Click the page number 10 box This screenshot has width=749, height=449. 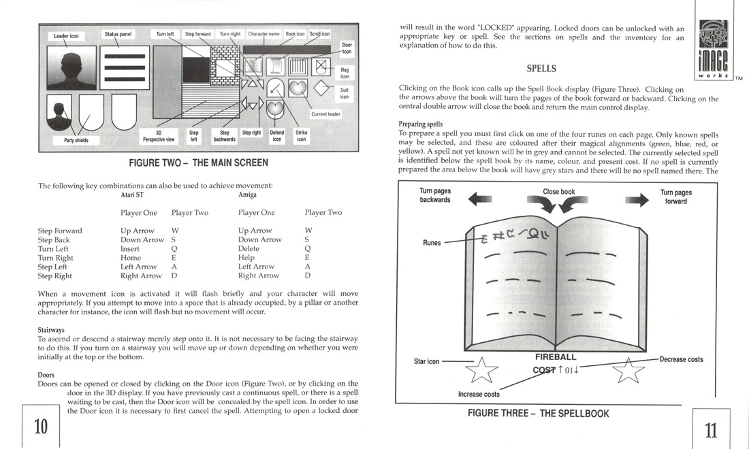41,426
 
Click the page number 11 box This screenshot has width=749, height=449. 712,429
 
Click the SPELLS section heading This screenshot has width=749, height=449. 541,69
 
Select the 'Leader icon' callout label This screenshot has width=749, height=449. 66,36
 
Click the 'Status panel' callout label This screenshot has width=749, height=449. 118,34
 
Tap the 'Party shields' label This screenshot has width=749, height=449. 76,140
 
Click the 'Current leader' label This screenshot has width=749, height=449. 325,114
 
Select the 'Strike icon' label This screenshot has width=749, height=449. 302,136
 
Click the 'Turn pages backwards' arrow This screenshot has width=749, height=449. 480,199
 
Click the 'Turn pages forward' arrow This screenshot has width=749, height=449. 637,200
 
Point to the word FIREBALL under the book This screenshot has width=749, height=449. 556,357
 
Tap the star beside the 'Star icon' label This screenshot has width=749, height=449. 481,371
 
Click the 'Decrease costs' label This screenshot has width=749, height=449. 681,359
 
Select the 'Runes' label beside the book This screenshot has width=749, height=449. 432,242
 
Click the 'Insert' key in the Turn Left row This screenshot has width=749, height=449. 130,248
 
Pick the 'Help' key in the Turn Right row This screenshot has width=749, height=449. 246,258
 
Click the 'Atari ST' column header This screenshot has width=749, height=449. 132,195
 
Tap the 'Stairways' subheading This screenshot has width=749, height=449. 51,330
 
